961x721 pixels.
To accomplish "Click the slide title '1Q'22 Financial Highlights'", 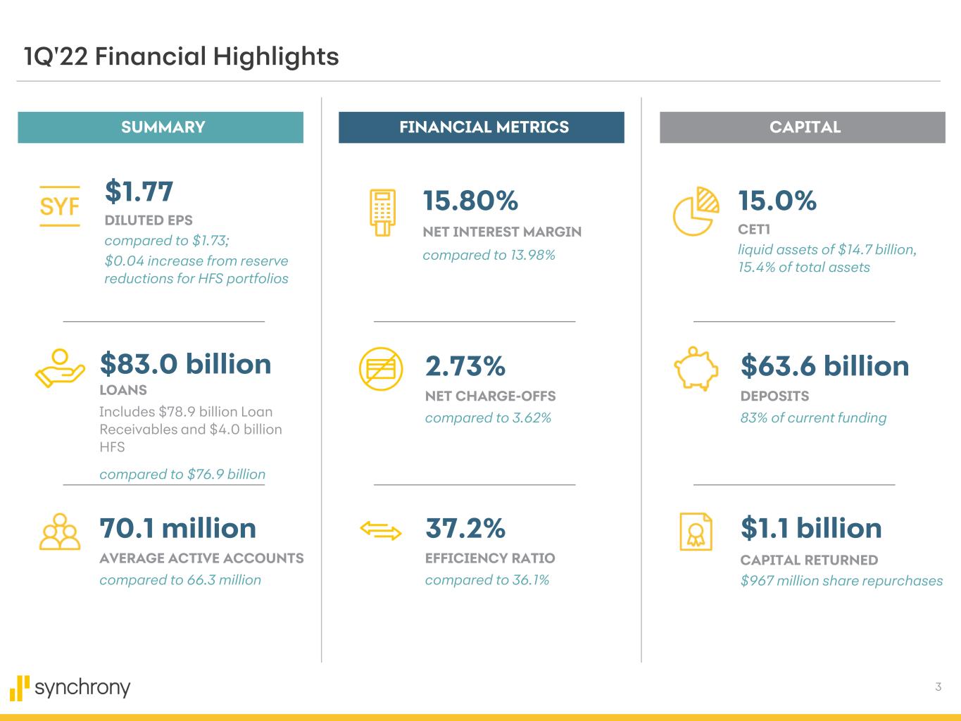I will click(181, 56).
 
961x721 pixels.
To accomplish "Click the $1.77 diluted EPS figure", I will click(139, 192).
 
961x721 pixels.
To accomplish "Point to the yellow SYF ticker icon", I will click(60, 206).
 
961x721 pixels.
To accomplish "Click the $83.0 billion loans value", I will click(185, 364).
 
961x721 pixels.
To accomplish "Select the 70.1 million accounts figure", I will click(177, 528).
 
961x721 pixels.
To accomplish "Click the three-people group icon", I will click(60, 532).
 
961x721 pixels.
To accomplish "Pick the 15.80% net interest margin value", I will click(470, 201).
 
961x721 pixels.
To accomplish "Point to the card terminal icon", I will click(383, 213).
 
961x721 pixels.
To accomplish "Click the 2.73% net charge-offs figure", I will click(465, 366).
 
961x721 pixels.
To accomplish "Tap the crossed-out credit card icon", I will click(381, 368).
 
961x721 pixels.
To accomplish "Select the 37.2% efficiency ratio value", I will click(465, 528).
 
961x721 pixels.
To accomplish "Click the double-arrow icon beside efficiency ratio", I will click(381, 530).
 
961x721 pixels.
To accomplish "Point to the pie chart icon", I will click(696, 211).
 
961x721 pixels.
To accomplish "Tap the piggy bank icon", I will click(696, 368).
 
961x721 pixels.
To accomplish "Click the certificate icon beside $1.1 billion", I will click(696, 532).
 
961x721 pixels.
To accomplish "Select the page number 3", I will click(938, 686).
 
